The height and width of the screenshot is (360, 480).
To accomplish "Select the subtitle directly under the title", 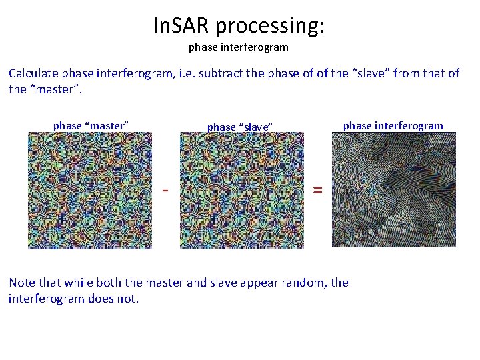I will click(239, 47).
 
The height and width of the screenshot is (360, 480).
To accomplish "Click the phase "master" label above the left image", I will click(91, 126).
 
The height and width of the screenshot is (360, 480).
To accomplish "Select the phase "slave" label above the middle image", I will click(241, 127).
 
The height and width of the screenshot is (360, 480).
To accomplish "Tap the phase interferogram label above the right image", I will click(393, 126).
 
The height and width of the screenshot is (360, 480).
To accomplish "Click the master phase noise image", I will click(90, 191).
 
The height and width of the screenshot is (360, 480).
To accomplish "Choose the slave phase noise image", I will click(241, 191).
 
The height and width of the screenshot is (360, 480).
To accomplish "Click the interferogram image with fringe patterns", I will click(393, 190).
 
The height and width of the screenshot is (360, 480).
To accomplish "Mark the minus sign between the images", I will click(165, 191).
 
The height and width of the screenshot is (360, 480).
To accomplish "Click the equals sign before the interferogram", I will click(318, 191).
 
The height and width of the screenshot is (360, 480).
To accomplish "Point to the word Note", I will click(22, 283).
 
